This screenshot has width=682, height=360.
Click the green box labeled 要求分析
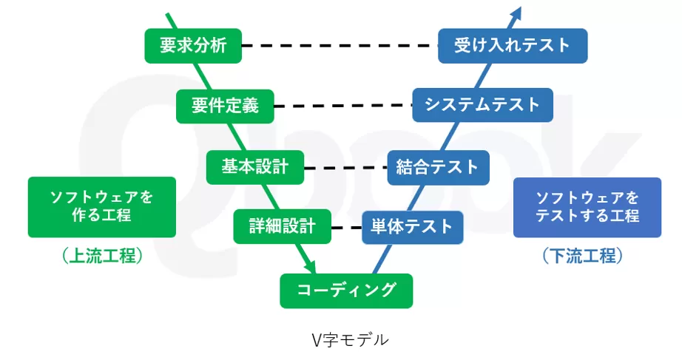point(193,45)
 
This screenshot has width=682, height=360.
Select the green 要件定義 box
point(225,106)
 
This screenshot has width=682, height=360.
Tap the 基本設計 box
point(254,167)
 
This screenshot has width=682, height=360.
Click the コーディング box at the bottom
point(345,290)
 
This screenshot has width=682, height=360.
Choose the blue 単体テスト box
point(412,226)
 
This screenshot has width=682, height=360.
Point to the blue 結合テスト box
point(438,167)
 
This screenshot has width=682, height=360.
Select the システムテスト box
point(482,105)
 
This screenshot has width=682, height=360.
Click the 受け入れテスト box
point(513,45)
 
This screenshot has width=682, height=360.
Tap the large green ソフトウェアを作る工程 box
point(101,207)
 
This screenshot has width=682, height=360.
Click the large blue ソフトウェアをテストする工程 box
point(587,207)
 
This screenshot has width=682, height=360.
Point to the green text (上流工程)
point(101,257)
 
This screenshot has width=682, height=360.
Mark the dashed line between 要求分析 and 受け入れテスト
point(340,45)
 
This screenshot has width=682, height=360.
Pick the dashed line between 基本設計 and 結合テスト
point(345,168)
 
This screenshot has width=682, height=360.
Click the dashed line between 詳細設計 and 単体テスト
point(346,227)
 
